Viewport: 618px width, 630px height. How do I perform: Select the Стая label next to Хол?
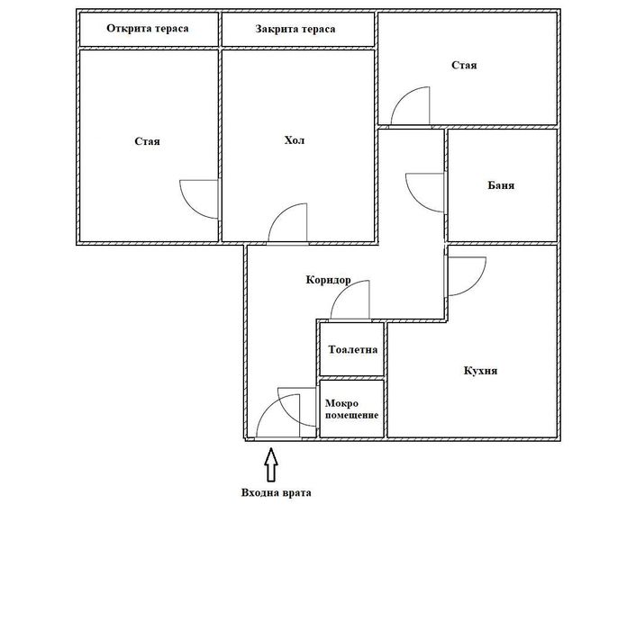(148, 141)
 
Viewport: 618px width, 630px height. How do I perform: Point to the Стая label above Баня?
(465, 66)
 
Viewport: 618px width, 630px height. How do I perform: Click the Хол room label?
(295, 140)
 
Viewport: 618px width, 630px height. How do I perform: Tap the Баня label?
(501, 186)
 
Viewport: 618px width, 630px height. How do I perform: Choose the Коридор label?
(328, 280)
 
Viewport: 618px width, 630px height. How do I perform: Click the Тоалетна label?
(353, 349)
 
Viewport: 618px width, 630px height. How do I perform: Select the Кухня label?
(481, 371)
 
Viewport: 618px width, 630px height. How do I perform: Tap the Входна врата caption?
(276, 493)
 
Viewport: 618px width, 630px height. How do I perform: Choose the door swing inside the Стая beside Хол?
(198, 198)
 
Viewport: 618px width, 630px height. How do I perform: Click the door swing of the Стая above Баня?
(412, 105)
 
